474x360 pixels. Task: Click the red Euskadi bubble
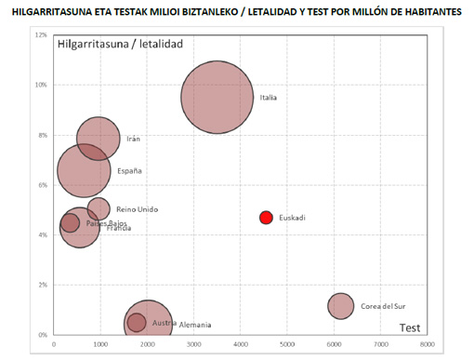point(266,218)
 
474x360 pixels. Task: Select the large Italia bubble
point(217,98)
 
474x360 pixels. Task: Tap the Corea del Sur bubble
point(341,305)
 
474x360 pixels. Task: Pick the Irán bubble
point(99,139)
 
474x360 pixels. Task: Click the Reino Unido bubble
point(99,208)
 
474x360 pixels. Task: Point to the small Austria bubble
point(137,322)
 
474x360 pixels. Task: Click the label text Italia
point(269,98)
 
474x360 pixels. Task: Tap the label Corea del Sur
point(383,306)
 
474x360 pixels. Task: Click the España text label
point(129,171)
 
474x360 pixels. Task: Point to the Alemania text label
point(196,325)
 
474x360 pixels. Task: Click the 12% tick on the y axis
point(41,34)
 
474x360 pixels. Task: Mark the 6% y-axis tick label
point(42,184)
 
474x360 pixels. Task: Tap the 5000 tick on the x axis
point(287,344)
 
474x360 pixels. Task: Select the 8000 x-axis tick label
point(427,344)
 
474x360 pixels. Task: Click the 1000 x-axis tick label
point(101,344)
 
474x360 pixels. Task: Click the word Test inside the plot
point(410,327)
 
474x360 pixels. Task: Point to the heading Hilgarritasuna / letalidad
point(120,45)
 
